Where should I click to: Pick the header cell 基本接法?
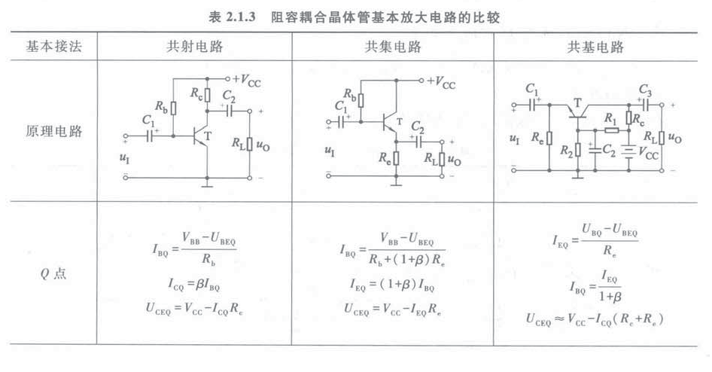[50, 47]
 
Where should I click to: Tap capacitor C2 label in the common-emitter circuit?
[229, 96]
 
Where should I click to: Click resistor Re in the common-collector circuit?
[396, 157]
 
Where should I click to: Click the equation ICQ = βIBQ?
[194, 285]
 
